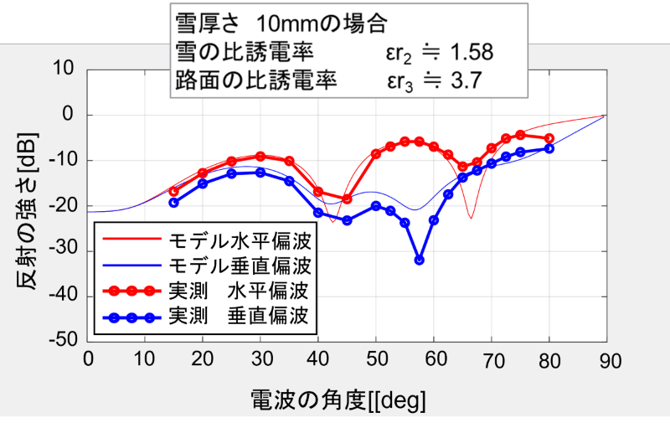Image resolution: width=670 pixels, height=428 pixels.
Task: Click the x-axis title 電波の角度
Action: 338,400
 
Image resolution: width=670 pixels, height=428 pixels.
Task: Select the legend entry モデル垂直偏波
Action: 240,266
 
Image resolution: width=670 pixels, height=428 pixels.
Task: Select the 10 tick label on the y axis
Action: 67,69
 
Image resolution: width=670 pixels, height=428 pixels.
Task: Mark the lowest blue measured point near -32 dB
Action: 420,260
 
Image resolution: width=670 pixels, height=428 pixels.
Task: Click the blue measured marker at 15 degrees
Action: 173,203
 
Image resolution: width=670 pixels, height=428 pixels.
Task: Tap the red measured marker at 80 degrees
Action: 549,138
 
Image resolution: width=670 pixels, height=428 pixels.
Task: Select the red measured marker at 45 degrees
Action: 348,199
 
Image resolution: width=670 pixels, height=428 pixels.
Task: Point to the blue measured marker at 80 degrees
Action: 549,148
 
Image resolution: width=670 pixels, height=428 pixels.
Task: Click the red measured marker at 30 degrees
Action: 260,156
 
